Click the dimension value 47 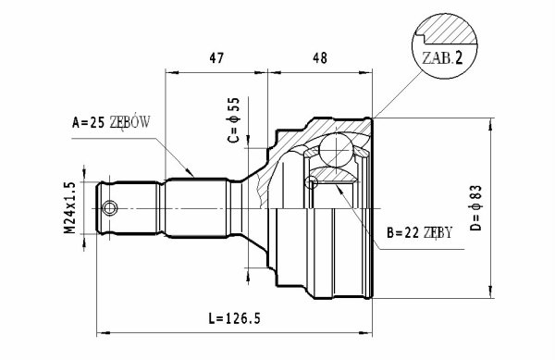coord(216,58)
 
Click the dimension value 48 coord(320,58)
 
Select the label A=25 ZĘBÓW coord(111,122)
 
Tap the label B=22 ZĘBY coord(419,233)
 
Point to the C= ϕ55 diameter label coord(234,120)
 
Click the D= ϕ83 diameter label coord(476,208)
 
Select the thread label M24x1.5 coord(69,208)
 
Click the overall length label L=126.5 coord(234,318)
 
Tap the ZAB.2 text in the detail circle coord(442,58)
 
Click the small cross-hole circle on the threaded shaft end coord(110,208)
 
